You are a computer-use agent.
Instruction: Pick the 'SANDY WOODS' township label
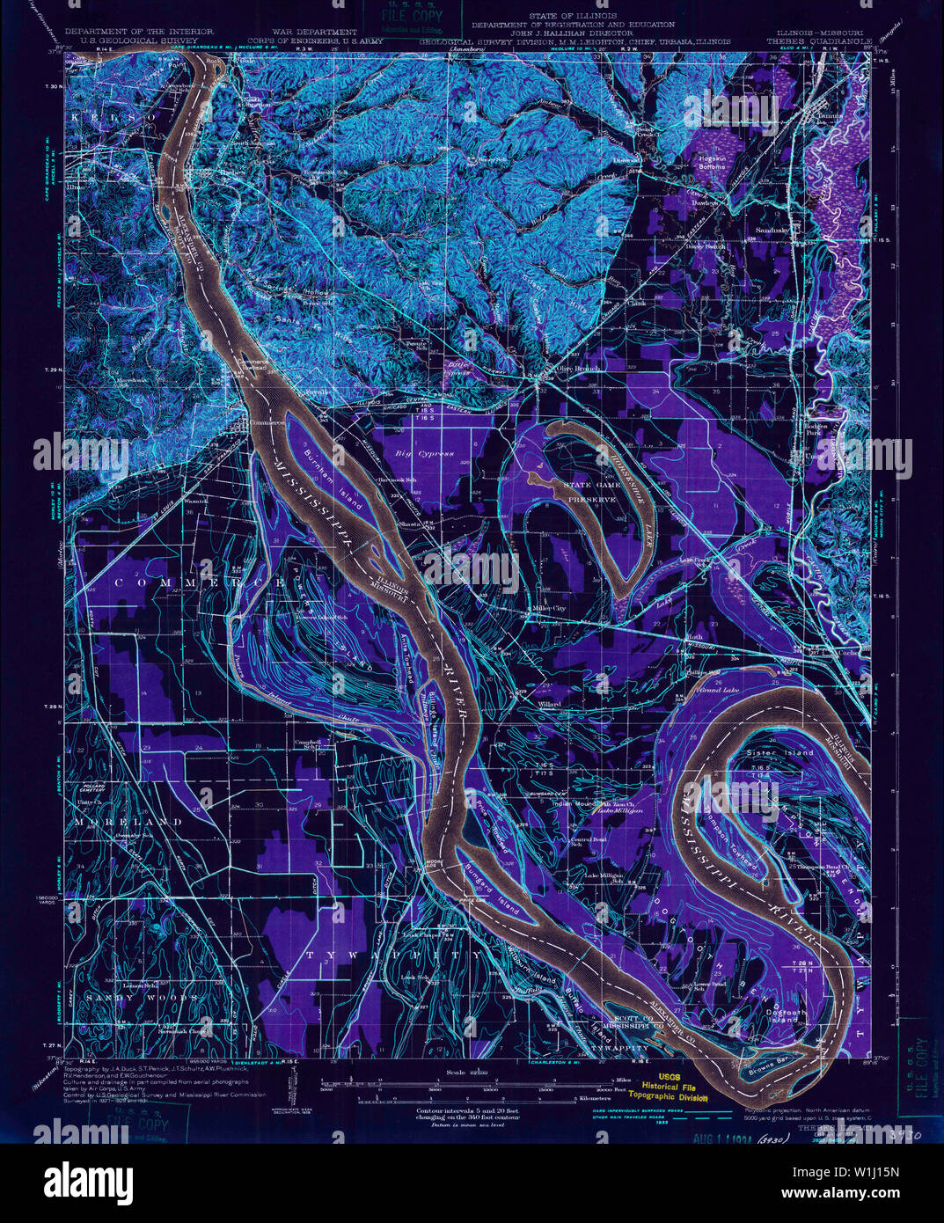pos(128,999)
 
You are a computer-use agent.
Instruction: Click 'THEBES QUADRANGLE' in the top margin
pos(818,40)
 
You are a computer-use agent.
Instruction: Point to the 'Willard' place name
pos(549,705)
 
